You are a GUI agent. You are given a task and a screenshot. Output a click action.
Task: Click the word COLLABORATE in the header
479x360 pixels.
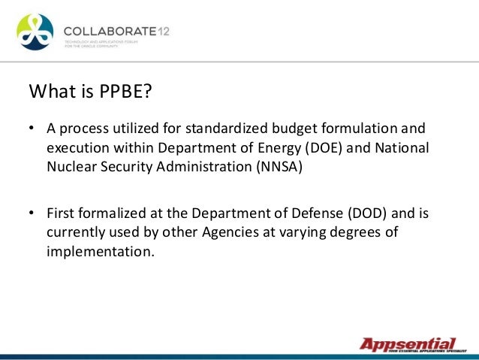pos(109,30)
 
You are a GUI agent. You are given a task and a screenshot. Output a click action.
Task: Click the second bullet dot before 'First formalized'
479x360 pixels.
pos(32,214)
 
